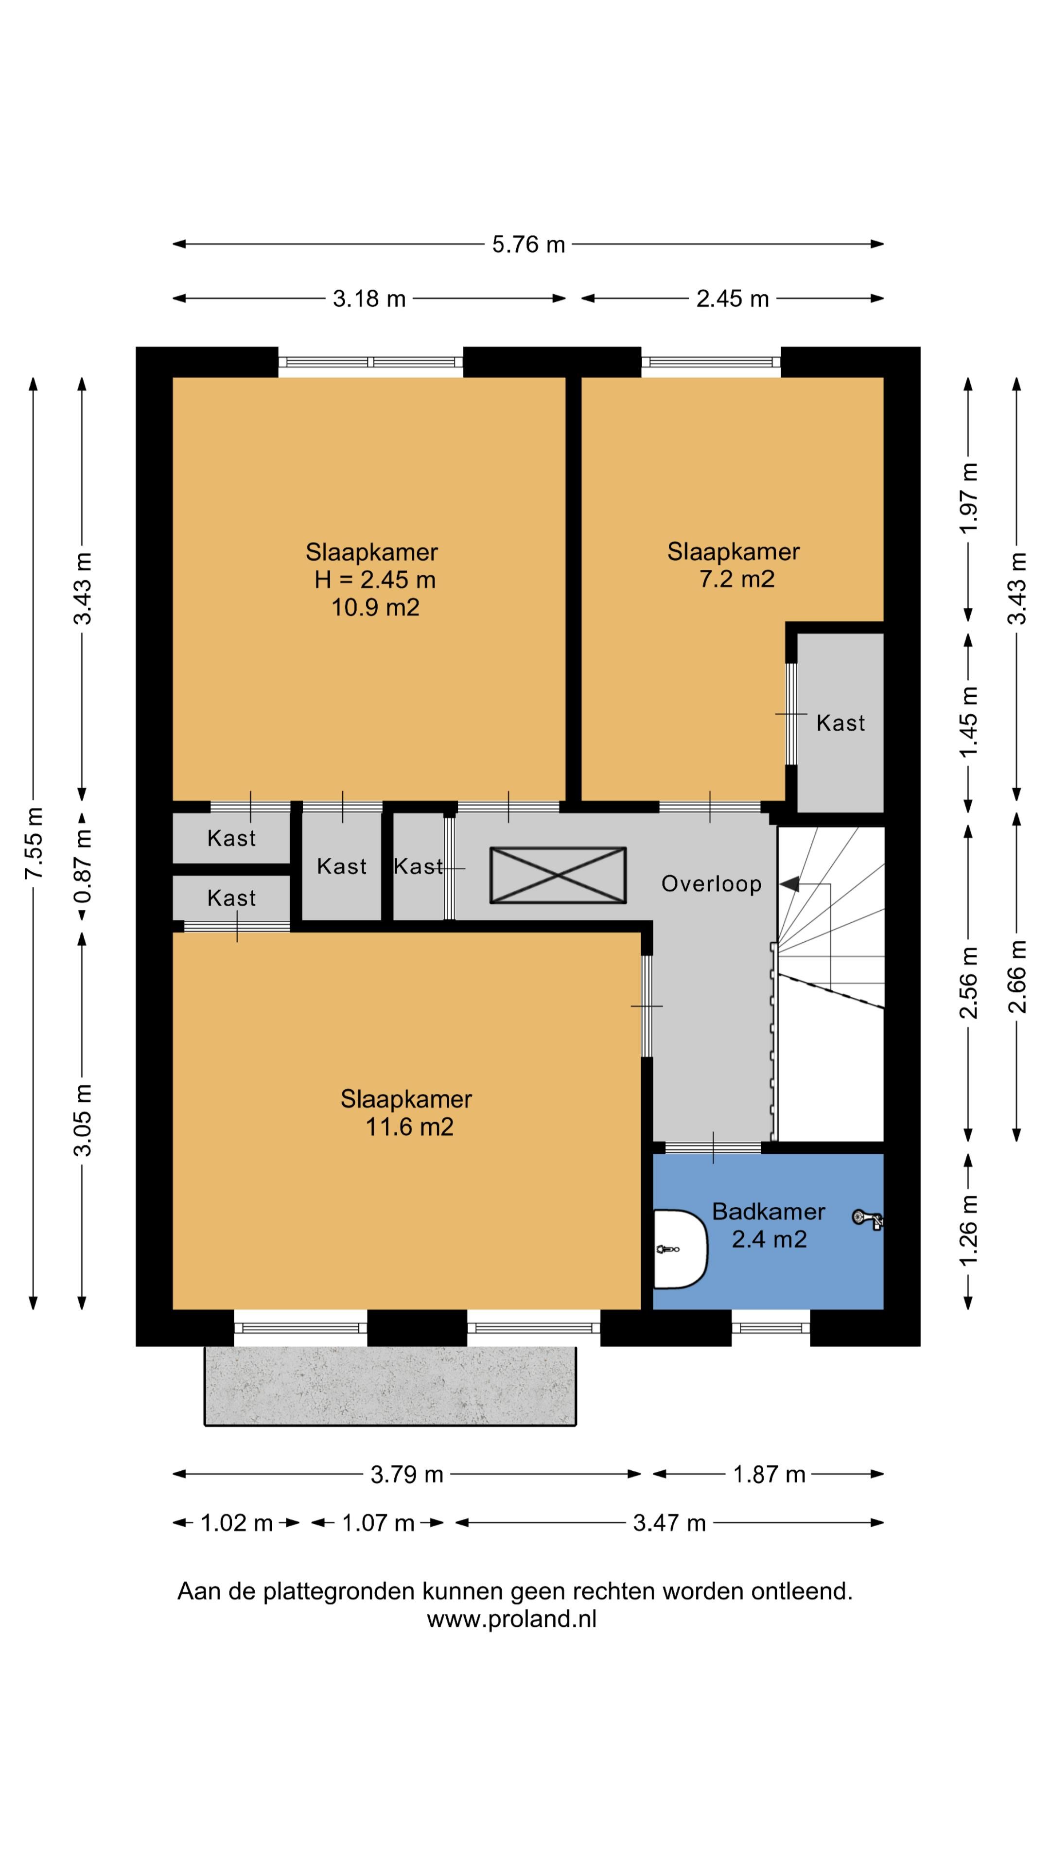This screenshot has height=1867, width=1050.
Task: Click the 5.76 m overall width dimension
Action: point(528,244)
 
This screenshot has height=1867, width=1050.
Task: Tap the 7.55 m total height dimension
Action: point(34,843)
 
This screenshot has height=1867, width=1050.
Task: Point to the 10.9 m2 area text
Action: point(375,607)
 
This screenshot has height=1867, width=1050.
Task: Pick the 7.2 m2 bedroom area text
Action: point(736,579)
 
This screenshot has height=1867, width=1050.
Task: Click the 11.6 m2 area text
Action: point(409,1127)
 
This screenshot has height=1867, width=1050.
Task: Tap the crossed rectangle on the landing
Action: point(558,875)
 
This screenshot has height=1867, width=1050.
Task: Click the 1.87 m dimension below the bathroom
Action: point(769,1474)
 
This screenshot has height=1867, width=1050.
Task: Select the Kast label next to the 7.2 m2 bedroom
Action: point(840,722)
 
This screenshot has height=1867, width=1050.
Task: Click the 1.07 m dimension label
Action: point(378,1523)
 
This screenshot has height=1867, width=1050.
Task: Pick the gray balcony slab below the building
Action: point(390,1386)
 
